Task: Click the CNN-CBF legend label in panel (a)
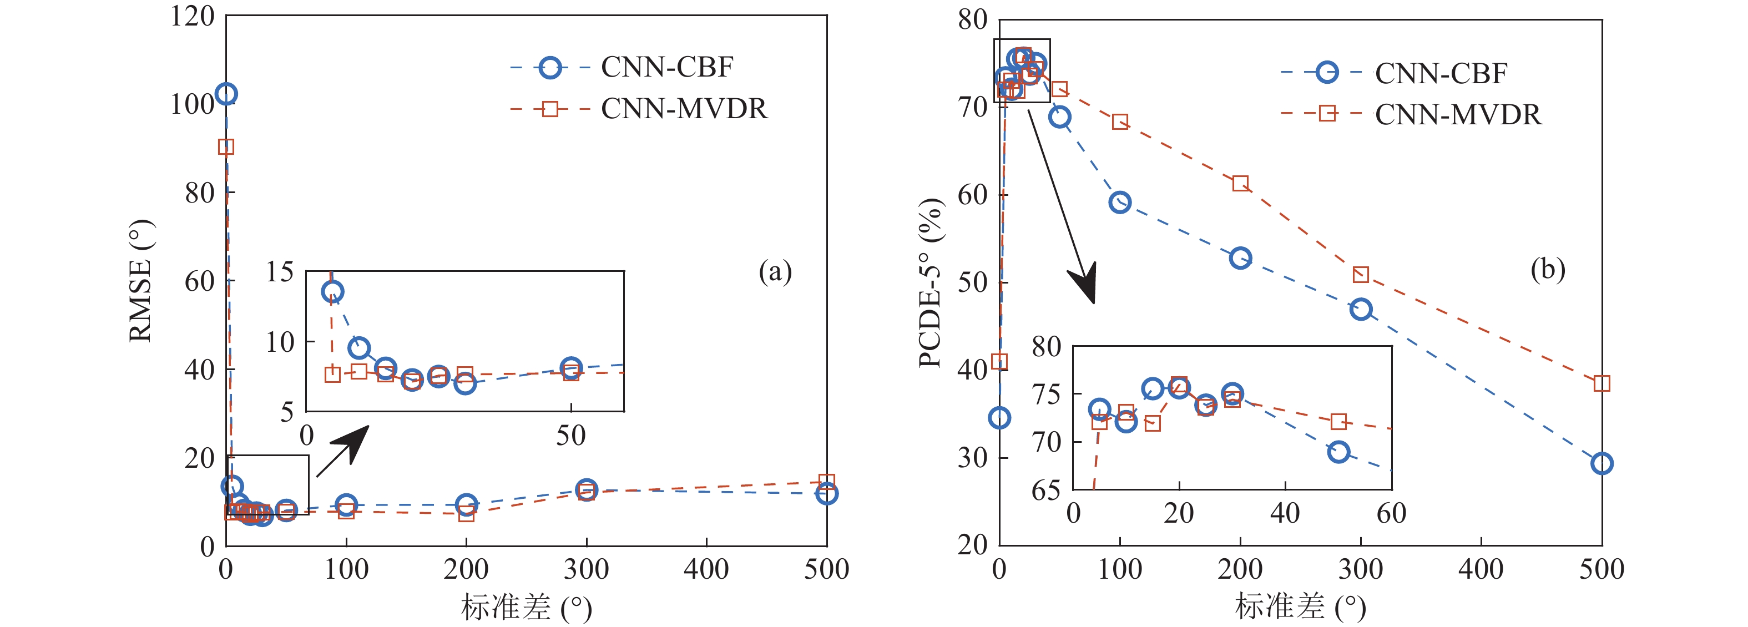pos(666,67)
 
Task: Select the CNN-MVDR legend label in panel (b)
pos(1458,115)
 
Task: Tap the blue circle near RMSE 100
pos(226,94)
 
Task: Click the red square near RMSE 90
pos(226,146)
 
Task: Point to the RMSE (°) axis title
pos(140,280)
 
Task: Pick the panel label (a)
pos(775,271)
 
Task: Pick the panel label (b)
pos(1547,270)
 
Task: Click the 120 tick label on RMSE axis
pos(193,16)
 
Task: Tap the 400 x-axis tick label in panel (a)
pos(706,569)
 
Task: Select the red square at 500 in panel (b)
pos(1602,383)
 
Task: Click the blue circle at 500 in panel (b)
pos(1602,463)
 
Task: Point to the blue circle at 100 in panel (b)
pos(1120,202)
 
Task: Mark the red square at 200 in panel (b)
pos(1240,183)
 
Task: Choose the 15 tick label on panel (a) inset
pos(280,272)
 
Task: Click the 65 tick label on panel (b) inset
pos(1045,490)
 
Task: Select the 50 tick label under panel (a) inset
pos(570,436)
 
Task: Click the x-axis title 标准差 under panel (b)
pos(1279,606)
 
